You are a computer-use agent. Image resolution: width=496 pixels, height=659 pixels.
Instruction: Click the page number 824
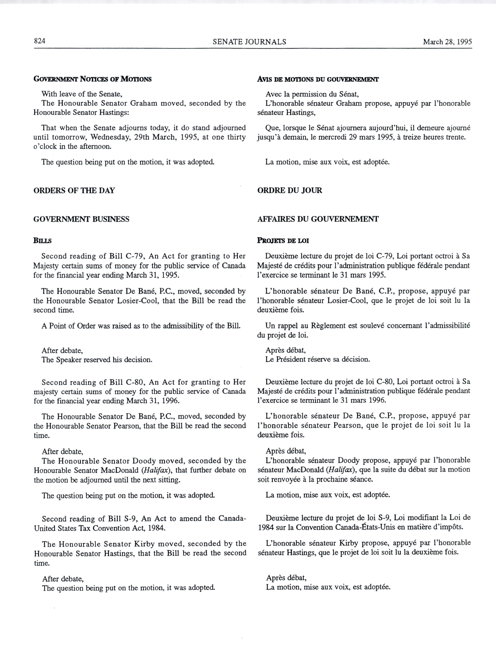[x=39, y=41]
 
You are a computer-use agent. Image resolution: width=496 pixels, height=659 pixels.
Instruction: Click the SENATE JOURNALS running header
[x=249, y=42]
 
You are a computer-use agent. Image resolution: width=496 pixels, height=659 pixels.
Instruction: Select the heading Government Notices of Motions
[x=93, y=79]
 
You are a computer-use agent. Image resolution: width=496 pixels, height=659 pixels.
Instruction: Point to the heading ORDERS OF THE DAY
[x=74, y=190]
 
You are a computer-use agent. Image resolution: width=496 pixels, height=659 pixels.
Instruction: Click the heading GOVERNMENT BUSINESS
[x=81, y=219]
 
